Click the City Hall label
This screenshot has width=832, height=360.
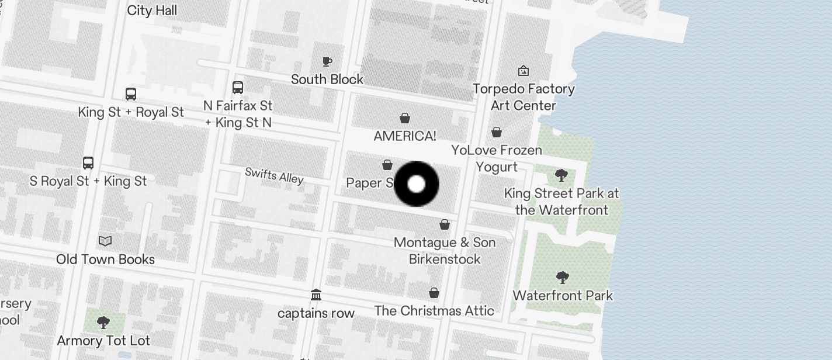click(x=152, y=11)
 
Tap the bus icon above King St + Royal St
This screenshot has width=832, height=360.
click(x=131, y=94)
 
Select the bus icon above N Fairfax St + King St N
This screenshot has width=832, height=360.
click(x=238, y=88)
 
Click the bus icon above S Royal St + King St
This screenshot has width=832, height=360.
click(x=88, y=163)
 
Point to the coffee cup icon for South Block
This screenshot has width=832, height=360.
click(x=327, y=61)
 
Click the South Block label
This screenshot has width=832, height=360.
click(x=327, y=79)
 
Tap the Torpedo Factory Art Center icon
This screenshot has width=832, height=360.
click(x=524, y=71)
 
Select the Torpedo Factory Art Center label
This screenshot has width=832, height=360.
click(x=524, y=97)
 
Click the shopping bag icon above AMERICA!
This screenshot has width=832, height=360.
click(x=404, y=119)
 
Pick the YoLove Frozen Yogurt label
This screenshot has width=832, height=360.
click(x=497, y=158)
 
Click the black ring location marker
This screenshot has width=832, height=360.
click(x=417, y=184)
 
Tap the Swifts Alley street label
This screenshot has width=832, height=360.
click(x=274, y=175)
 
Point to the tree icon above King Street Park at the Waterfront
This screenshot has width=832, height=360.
click(x=561, y=175)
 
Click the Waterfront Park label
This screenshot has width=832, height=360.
click(x=563, y=296)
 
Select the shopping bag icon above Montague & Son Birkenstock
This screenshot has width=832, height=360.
click(x=445, y=224)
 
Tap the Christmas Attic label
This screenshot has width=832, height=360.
click(x=434, y=311)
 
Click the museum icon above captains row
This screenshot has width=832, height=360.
click(x=316, y=295)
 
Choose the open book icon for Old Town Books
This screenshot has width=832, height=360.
click(x=105, y=241)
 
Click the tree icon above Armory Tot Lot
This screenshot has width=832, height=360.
click(x=103, y=322)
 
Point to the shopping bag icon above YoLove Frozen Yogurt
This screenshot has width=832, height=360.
click(x=497, y=132)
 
